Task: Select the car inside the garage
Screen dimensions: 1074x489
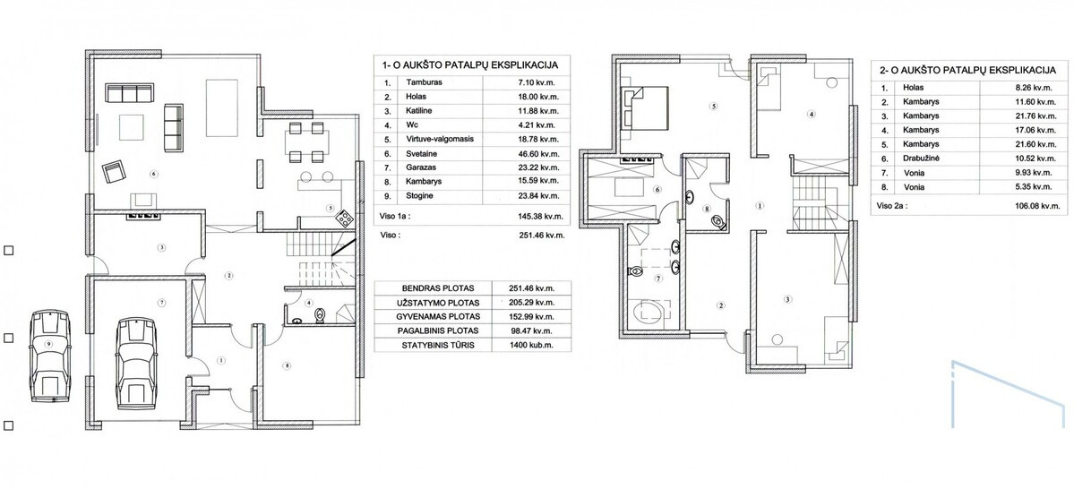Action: coord(135,363)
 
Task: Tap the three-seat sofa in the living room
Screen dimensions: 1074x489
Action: coord(130,92)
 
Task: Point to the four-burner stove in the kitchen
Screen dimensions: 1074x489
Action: coord(344,219)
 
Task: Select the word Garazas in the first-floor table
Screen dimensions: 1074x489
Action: coord(420,167)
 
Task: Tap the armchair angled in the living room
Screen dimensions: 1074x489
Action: coord(115,170)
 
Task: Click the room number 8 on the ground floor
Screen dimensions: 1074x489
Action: coord(288,366)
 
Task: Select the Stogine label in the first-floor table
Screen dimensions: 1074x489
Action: coord(419,196)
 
